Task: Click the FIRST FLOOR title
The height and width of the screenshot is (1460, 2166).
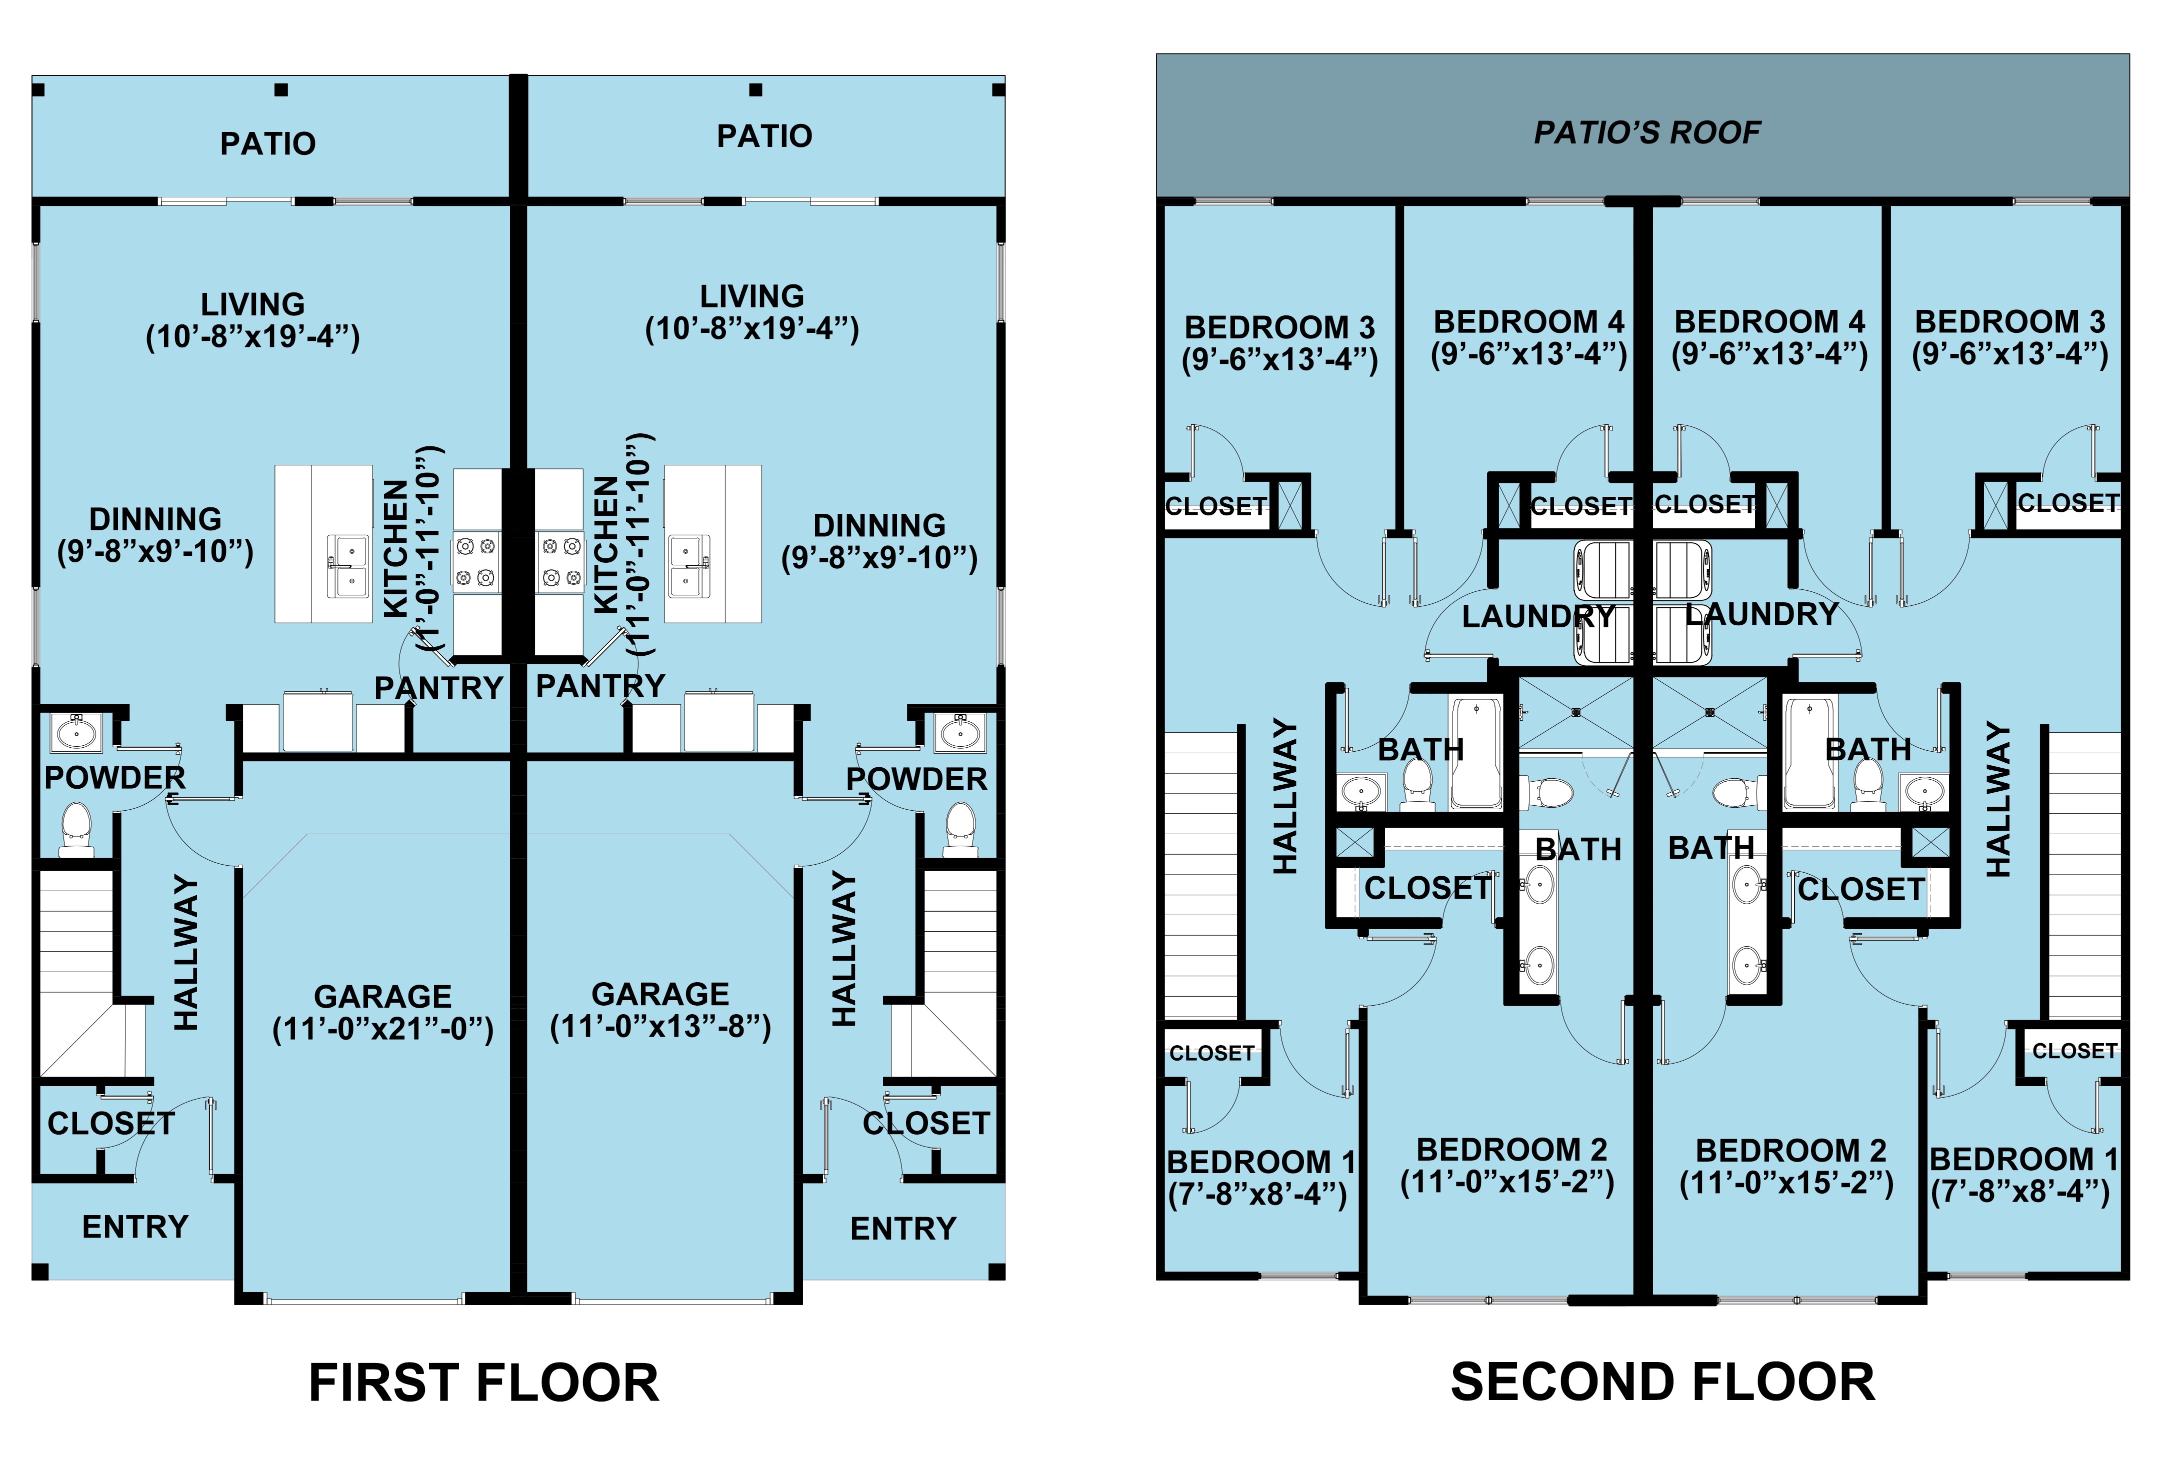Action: tap(483, 1383)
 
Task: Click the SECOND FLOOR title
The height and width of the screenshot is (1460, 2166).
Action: tap(1662, 1382)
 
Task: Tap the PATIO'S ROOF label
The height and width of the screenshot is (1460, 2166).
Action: tap(1646, 133)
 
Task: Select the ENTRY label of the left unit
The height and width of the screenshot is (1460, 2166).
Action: tap(135, 1227)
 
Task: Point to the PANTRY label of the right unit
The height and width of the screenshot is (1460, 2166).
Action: tap(600, 686)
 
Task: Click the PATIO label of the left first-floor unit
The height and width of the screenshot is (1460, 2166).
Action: tap(268, 143)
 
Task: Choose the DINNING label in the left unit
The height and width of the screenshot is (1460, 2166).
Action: tap(155, 519)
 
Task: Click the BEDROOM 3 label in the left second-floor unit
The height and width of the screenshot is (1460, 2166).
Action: tap(1278, 328)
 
